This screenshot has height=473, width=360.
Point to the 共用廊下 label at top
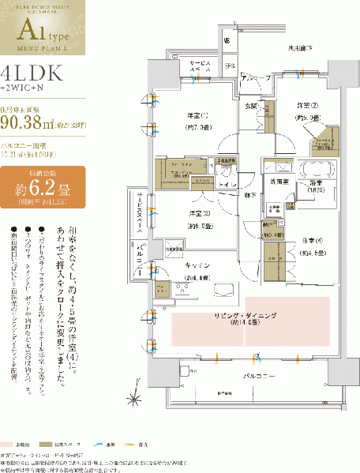301,49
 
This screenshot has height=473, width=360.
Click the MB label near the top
227,40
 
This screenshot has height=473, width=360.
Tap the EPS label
230,66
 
